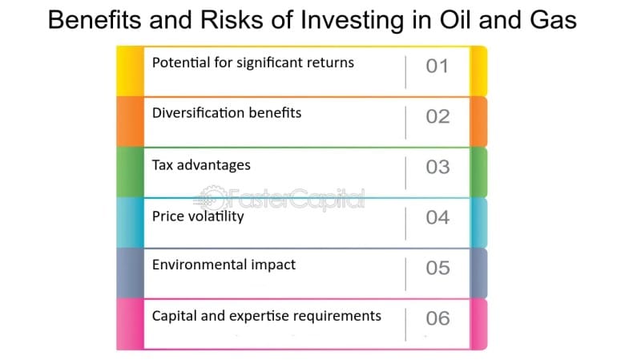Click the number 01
point(437,66)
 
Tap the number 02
point(437,116)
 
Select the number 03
point(437,167)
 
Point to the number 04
point(437,217)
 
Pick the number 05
point(437,268)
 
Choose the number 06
point(437,318)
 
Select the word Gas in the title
point(554,19)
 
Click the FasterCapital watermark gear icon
point(212,199)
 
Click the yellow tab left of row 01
point(130,71)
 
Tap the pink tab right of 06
point(478,324)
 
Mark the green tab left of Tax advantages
point(130,172)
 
